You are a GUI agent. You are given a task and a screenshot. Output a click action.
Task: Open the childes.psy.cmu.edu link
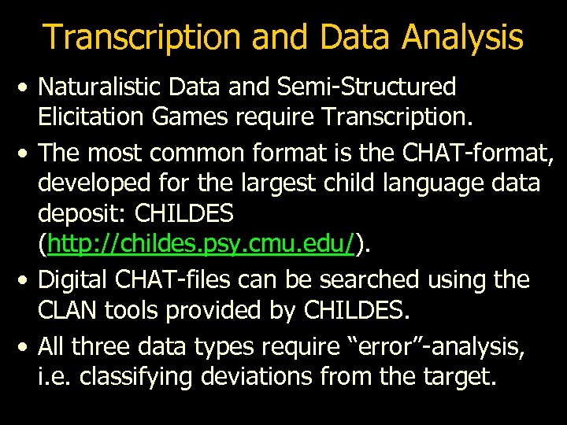(x=200, y=246)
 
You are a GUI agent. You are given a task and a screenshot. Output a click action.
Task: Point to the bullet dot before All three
(x=26, y=346)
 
